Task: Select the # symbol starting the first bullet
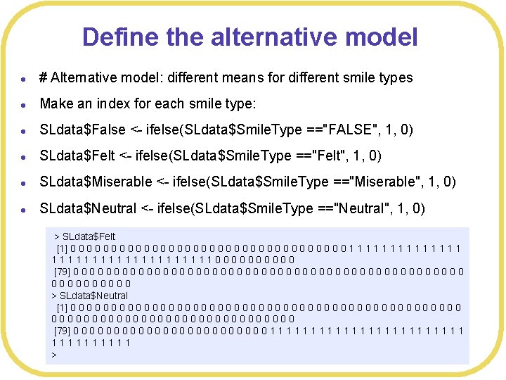[44, 77]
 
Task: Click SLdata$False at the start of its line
[82, 129]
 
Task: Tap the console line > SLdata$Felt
[85, 236]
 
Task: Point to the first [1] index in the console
[62, 248]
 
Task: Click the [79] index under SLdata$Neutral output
[62, 331]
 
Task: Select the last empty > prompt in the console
[54, 355]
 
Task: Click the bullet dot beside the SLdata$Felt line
[24, 156]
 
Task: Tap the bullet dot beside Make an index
[24, 104]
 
